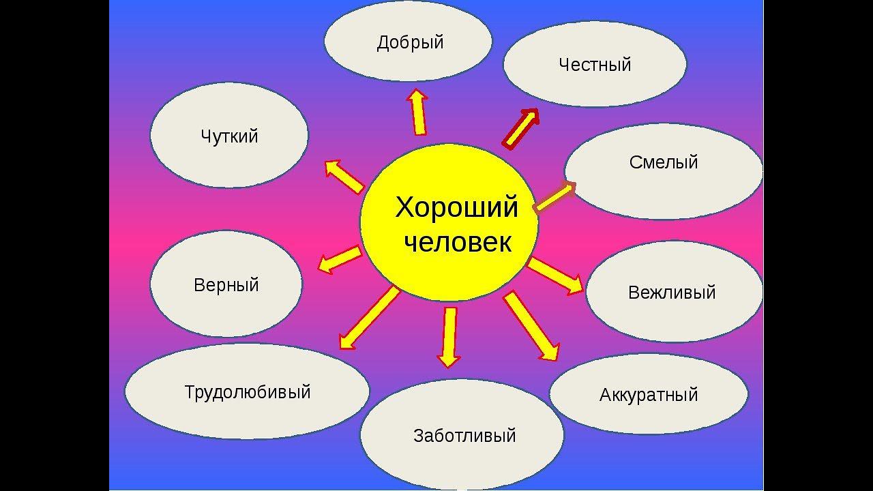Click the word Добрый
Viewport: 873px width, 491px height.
tap(410, 43)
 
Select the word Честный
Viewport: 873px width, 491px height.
tap(595, 65)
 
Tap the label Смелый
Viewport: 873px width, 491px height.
tap(664, 162)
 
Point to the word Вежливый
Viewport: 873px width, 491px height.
tap(672, 293)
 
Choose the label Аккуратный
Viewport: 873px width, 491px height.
tap(649, 395)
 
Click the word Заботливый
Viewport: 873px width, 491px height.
tap(464, 436)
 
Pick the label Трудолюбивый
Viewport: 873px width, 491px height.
tap(248, 392)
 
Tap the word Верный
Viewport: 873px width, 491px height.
tap(226, 285)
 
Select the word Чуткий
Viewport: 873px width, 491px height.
tap(229, 136)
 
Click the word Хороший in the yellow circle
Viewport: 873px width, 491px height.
tap(457, 207)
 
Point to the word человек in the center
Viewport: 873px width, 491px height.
tap(457, 242)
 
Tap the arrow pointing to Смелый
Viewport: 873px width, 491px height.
tap(554, 197)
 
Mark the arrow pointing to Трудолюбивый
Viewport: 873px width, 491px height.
tap(369, 318)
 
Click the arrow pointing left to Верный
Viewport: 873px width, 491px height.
tap(340, 260)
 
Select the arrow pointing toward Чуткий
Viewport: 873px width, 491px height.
tap(344, 176)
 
